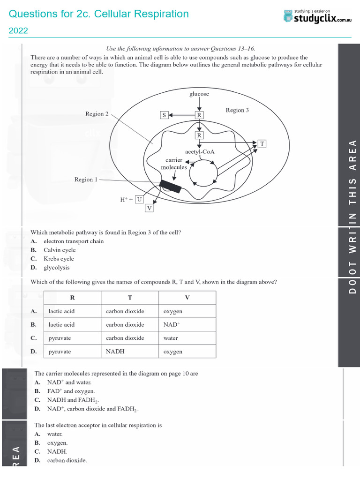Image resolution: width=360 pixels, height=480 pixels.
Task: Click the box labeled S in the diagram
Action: point(164,114)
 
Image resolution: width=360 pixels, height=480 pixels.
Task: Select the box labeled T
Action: point(262,144)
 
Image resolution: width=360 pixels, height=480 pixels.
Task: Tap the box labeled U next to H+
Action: point(140,199)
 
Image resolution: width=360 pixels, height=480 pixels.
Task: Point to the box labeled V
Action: point(149,208)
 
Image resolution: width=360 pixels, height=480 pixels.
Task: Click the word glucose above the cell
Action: point(199,94)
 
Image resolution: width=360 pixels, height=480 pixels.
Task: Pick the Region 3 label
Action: point(237,110)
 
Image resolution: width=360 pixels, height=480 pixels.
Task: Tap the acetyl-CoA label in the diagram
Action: point(200,152)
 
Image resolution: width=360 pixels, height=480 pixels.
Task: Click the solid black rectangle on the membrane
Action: point(170,187)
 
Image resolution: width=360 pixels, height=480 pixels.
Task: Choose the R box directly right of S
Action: point(199,114)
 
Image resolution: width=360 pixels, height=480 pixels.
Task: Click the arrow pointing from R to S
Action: point(181,114)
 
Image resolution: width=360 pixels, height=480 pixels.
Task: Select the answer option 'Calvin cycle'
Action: point(60,250)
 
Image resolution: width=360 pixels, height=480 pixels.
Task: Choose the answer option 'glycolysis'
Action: point(57,267)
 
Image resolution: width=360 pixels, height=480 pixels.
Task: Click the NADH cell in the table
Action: point(115,351)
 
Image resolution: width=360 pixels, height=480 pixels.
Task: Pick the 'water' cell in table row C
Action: point(171,338)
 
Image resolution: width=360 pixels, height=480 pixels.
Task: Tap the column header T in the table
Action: point(130,298)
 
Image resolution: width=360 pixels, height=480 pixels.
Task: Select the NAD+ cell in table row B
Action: point(172,324)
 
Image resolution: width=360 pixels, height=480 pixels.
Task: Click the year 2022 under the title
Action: point(18,31)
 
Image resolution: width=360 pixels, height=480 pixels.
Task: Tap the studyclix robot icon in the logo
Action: point(288,15)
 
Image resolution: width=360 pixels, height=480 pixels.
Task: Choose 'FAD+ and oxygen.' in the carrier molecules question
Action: point(71,391)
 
